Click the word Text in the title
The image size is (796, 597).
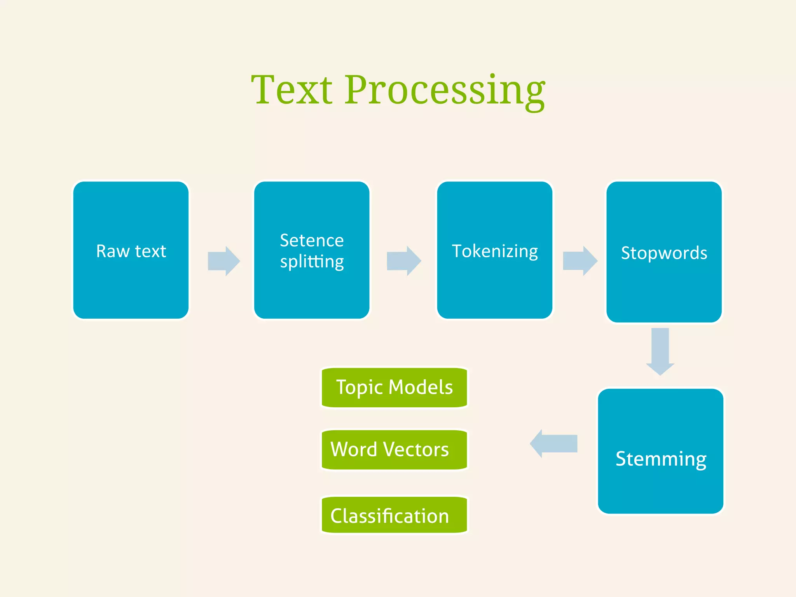[292, 90]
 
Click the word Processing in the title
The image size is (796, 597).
[445, 91]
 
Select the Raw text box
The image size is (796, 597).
[131, 250]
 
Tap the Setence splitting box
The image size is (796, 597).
[312, 250]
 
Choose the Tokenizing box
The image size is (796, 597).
[495, 250]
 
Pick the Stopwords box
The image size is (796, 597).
[664, 252]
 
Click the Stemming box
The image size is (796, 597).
[660, 451]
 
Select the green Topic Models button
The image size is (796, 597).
[395, 388]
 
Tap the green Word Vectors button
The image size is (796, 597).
[395, 450]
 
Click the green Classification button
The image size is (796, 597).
[395, 515]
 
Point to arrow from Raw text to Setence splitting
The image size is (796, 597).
[224, 261]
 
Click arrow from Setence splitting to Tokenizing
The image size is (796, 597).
[404, 260]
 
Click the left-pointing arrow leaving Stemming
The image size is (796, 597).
[554, 443]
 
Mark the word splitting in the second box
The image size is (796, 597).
[312, 262]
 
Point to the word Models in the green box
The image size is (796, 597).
[421, 387]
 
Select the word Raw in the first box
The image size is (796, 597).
[113, 251]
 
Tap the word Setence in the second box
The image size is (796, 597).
[312, 241]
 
